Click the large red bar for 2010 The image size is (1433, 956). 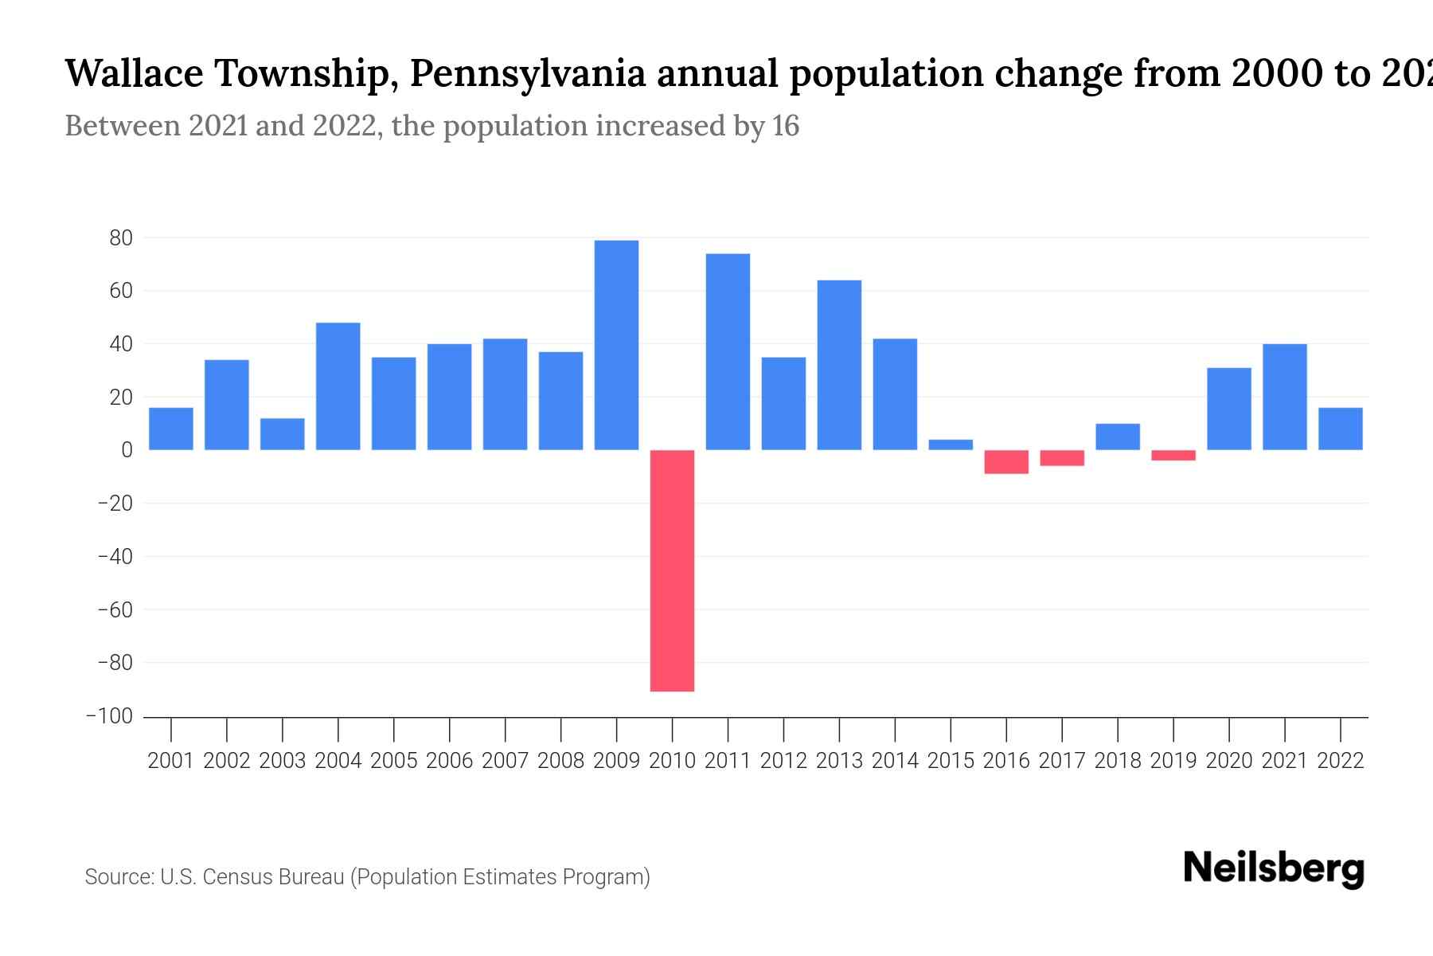(x=672, y=570)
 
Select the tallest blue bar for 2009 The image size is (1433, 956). (x=616, y=345)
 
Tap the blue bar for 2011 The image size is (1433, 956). (x=728, y=351)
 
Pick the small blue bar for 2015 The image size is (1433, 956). (x=951, y=445)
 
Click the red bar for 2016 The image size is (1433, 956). (x=1006, y=462)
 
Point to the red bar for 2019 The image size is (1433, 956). (x=1173, y=455)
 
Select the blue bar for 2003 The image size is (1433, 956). (x=283, y=434)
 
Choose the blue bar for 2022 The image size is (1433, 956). (x=1341, y=429)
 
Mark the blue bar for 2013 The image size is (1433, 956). (x=839, y=365)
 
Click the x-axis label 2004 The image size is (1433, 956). (x=338, y=761)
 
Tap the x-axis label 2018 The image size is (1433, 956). (x=1118, y=761)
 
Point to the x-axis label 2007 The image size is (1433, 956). (x=506, y=761)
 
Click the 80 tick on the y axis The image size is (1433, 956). (x=121, y=237)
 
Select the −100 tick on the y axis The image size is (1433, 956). (x=109, y=716)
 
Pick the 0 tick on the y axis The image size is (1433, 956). (x=127, y=450)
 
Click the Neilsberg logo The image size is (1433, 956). (x=1273, y=868)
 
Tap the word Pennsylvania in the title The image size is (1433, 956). (x=527, y=73)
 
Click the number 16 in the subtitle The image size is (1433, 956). (x=786, y=126)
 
